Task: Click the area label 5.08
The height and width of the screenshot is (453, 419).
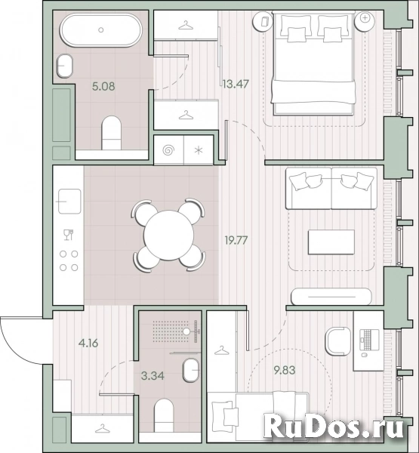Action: pos(103,86)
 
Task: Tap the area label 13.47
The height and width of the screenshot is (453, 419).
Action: pos(236,84)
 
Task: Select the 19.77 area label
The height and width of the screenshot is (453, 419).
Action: pos(236,240)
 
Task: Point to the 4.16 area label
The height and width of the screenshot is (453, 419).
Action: pos(88,344)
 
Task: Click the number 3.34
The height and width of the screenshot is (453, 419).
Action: pos(153,375)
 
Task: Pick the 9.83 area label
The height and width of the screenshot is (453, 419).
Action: pos(285,370)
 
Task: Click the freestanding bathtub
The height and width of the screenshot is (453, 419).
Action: pos(101,29)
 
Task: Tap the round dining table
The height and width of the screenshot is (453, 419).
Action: pos(169,235)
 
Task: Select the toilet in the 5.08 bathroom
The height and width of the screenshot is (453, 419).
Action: pos(111,133)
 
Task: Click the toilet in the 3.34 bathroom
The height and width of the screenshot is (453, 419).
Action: pos(164,415)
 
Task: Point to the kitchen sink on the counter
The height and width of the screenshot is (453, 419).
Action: pos(69,202)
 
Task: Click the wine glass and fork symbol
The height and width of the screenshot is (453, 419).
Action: pos(69,234)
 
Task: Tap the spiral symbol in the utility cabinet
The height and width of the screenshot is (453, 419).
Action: pos(169,150)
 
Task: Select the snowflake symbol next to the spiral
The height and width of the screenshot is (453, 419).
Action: pos(199,150)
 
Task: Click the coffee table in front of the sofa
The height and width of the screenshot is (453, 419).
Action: pos(331,242)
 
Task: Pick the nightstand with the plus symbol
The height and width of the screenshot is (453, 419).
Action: pos(365,21)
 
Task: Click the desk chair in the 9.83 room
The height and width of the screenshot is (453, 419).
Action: pos(337,341)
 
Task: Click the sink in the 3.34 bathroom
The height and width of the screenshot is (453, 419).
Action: pos(191,370)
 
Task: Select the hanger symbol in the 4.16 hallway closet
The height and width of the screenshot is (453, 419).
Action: pos(102,428)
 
